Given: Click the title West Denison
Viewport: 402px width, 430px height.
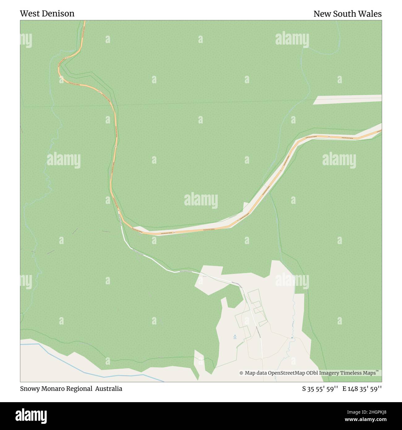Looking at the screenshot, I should pyautogui.click(x=47, y=14).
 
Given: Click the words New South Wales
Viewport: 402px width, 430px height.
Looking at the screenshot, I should pyautogui.click(x=347, y=14).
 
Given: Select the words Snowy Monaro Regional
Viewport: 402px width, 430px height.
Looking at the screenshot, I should pyautogui.click(x=56, y=389).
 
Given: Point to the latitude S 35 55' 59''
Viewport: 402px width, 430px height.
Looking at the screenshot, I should pyautogui.click(x=320, y=389).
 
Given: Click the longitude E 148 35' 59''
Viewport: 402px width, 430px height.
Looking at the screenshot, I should pyautogui.click(x=362, y=389).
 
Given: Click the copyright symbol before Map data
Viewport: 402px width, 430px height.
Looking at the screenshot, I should pyautogui.click(x=241, y=373).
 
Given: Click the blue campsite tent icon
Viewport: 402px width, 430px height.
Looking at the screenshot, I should pyautogui.click(x=235, y=336).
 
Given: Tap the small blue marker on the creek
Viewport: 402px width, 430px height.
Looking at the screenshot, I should pyautogui.click(x=292, y=338).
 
